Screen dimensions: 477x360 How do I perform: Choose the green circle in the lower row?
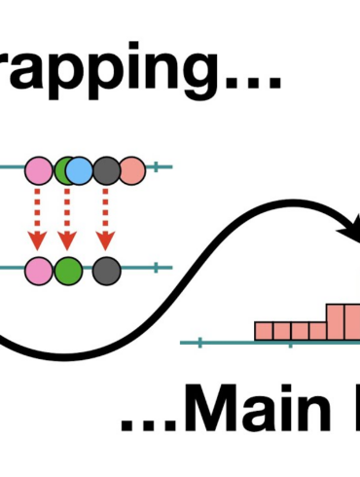(67, 267)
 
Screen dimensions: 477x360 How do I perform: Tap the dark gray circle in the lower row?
(106, 267)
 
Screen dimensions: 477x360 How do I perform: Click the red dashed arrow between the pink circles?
(38, 218)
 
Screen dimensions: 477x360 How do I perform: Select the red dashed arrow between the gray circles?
(105, 218)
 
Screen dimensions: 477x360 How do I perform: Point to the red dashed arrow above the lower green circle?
(67, 218)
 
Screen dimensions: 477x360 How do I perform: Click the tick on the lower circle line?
(155, 267)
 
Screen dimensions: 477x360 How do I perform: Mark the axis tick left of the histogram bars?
(199, 341)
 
